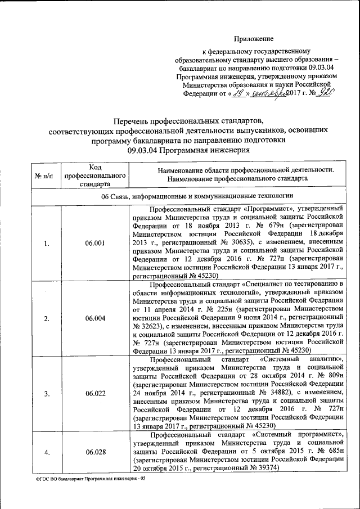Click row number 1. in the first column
(x=47, y=243)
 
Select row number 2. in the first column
(x=47, y=318)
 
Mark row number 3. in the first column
(x=47, y=393)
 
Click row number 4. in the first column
(x=47, y=452)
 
